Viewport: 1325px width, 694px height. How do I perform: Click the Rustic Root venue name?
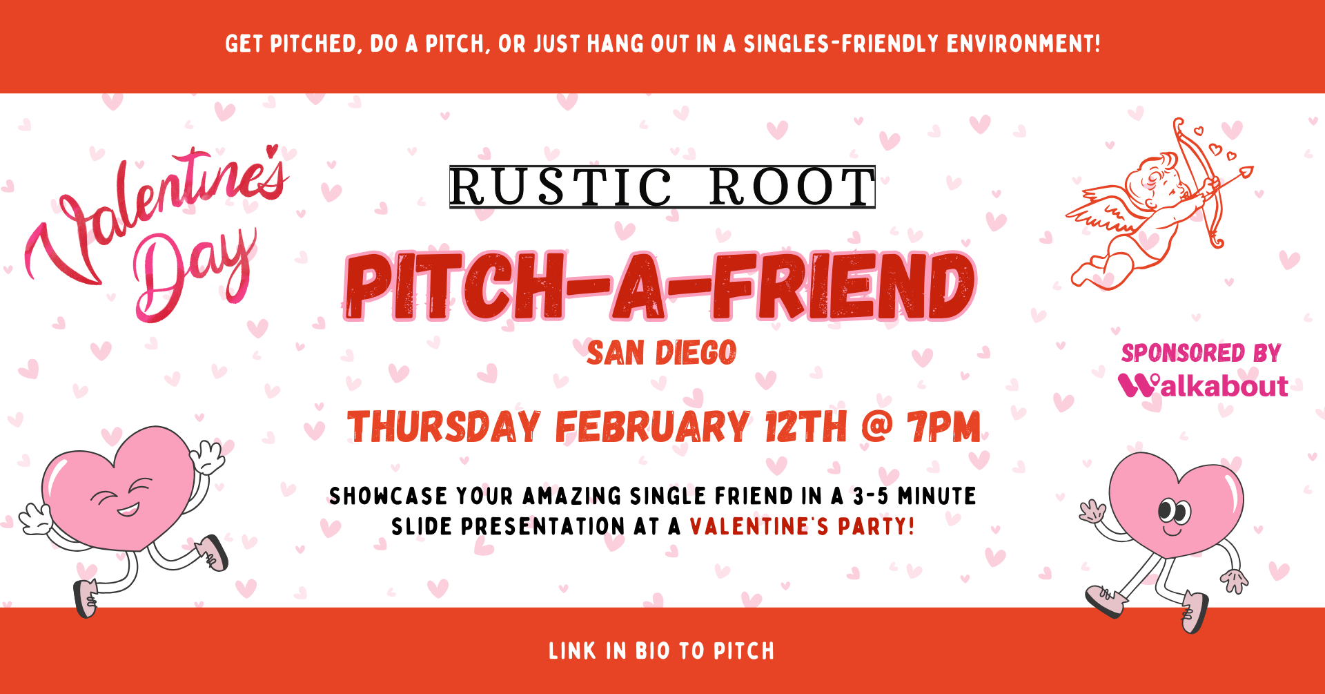pyautogui.click(x=662, y=186)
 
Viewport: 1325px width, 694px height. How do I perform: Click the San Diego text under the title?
pyautogui.click(x=661, y=353)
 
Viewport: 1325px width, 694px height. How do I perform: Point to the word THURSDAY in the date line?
pyautogui.click(x=444, y=427)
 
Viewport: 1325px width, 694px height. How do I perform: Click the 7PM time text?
pyautogui.click(x=943, y=427)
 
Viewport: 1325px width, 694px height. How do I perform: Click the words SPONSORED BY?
pyautogui.click(x=1201, y=353)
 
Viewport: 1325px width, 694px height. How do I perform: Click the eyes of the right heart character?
pyautogui.click(x=1174, y=511)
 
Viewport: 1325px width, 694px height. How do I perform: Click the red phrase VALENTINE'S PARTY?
pyautogui.click(x=802, y=526)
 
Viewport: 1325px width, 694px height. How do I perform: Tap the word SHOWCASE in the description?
pyautogui.click(x=389, y=496)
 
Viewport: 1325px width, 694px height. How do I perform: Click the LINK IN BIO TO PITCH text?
pyautogui.click(x=661, y=650)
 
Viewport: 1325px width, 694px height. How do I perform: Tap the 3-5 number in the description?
pyautogui.click(x=870, y=496)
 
